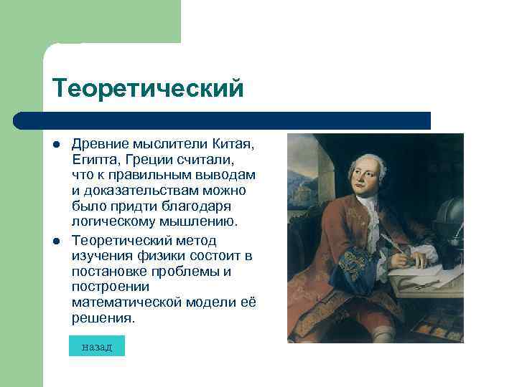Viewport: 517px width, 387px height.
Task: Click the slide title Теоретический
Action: [x=148, y=88]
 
